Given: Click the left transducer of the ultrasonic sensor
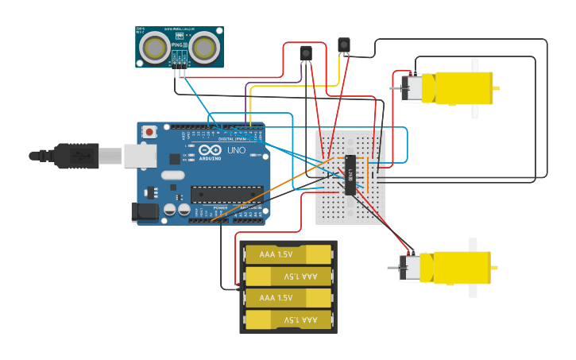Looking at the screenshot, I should [x=154, y=48].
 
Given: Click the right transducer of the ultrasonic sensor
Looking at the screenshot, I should [x=204, y=48].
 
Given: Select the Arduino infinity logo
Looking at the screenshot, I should [x=211, y=150].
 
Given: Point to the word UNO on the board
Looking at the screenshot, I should [x=237, y=150].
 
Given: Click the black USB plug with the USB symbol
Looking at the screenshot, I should [x=76, y=156].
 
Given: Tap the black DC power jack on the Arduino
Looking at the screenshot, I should [x=144, y=211].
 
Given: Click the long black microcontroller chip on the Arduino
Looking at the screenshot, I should [x=226, y=194].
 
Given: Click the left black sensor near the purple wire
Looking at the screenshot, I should [x=306, y=53].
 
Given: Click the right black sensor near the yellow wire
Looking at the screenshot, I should [x=343, y=45].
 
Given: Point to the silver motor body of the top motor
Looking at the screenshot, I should [x=413, y=87].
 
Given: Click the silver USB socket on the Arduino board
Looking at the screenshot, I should [x=140, y=156].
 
